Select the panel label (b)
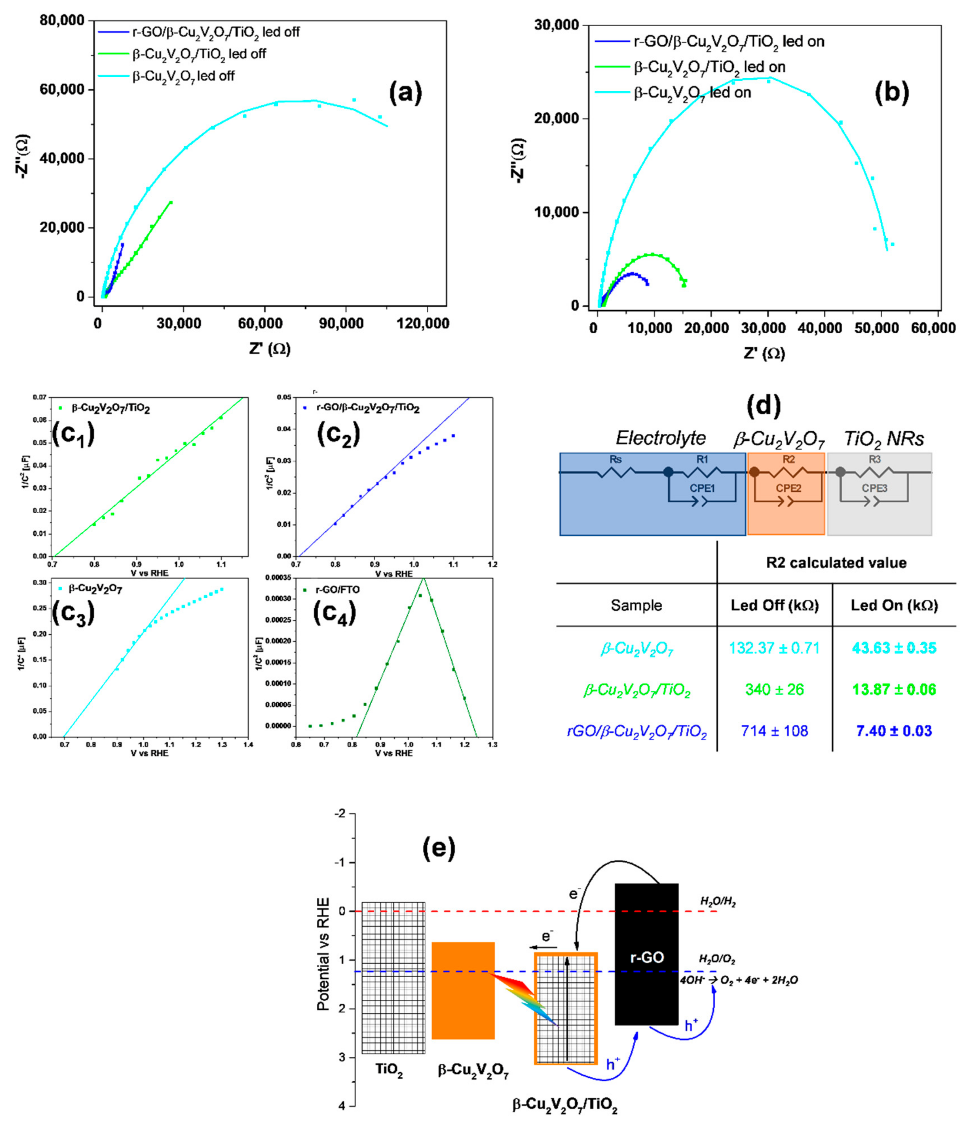[891, 93]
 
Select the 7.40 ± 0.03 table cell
[894, 731]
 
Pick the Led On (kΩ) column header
[894, 605]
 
